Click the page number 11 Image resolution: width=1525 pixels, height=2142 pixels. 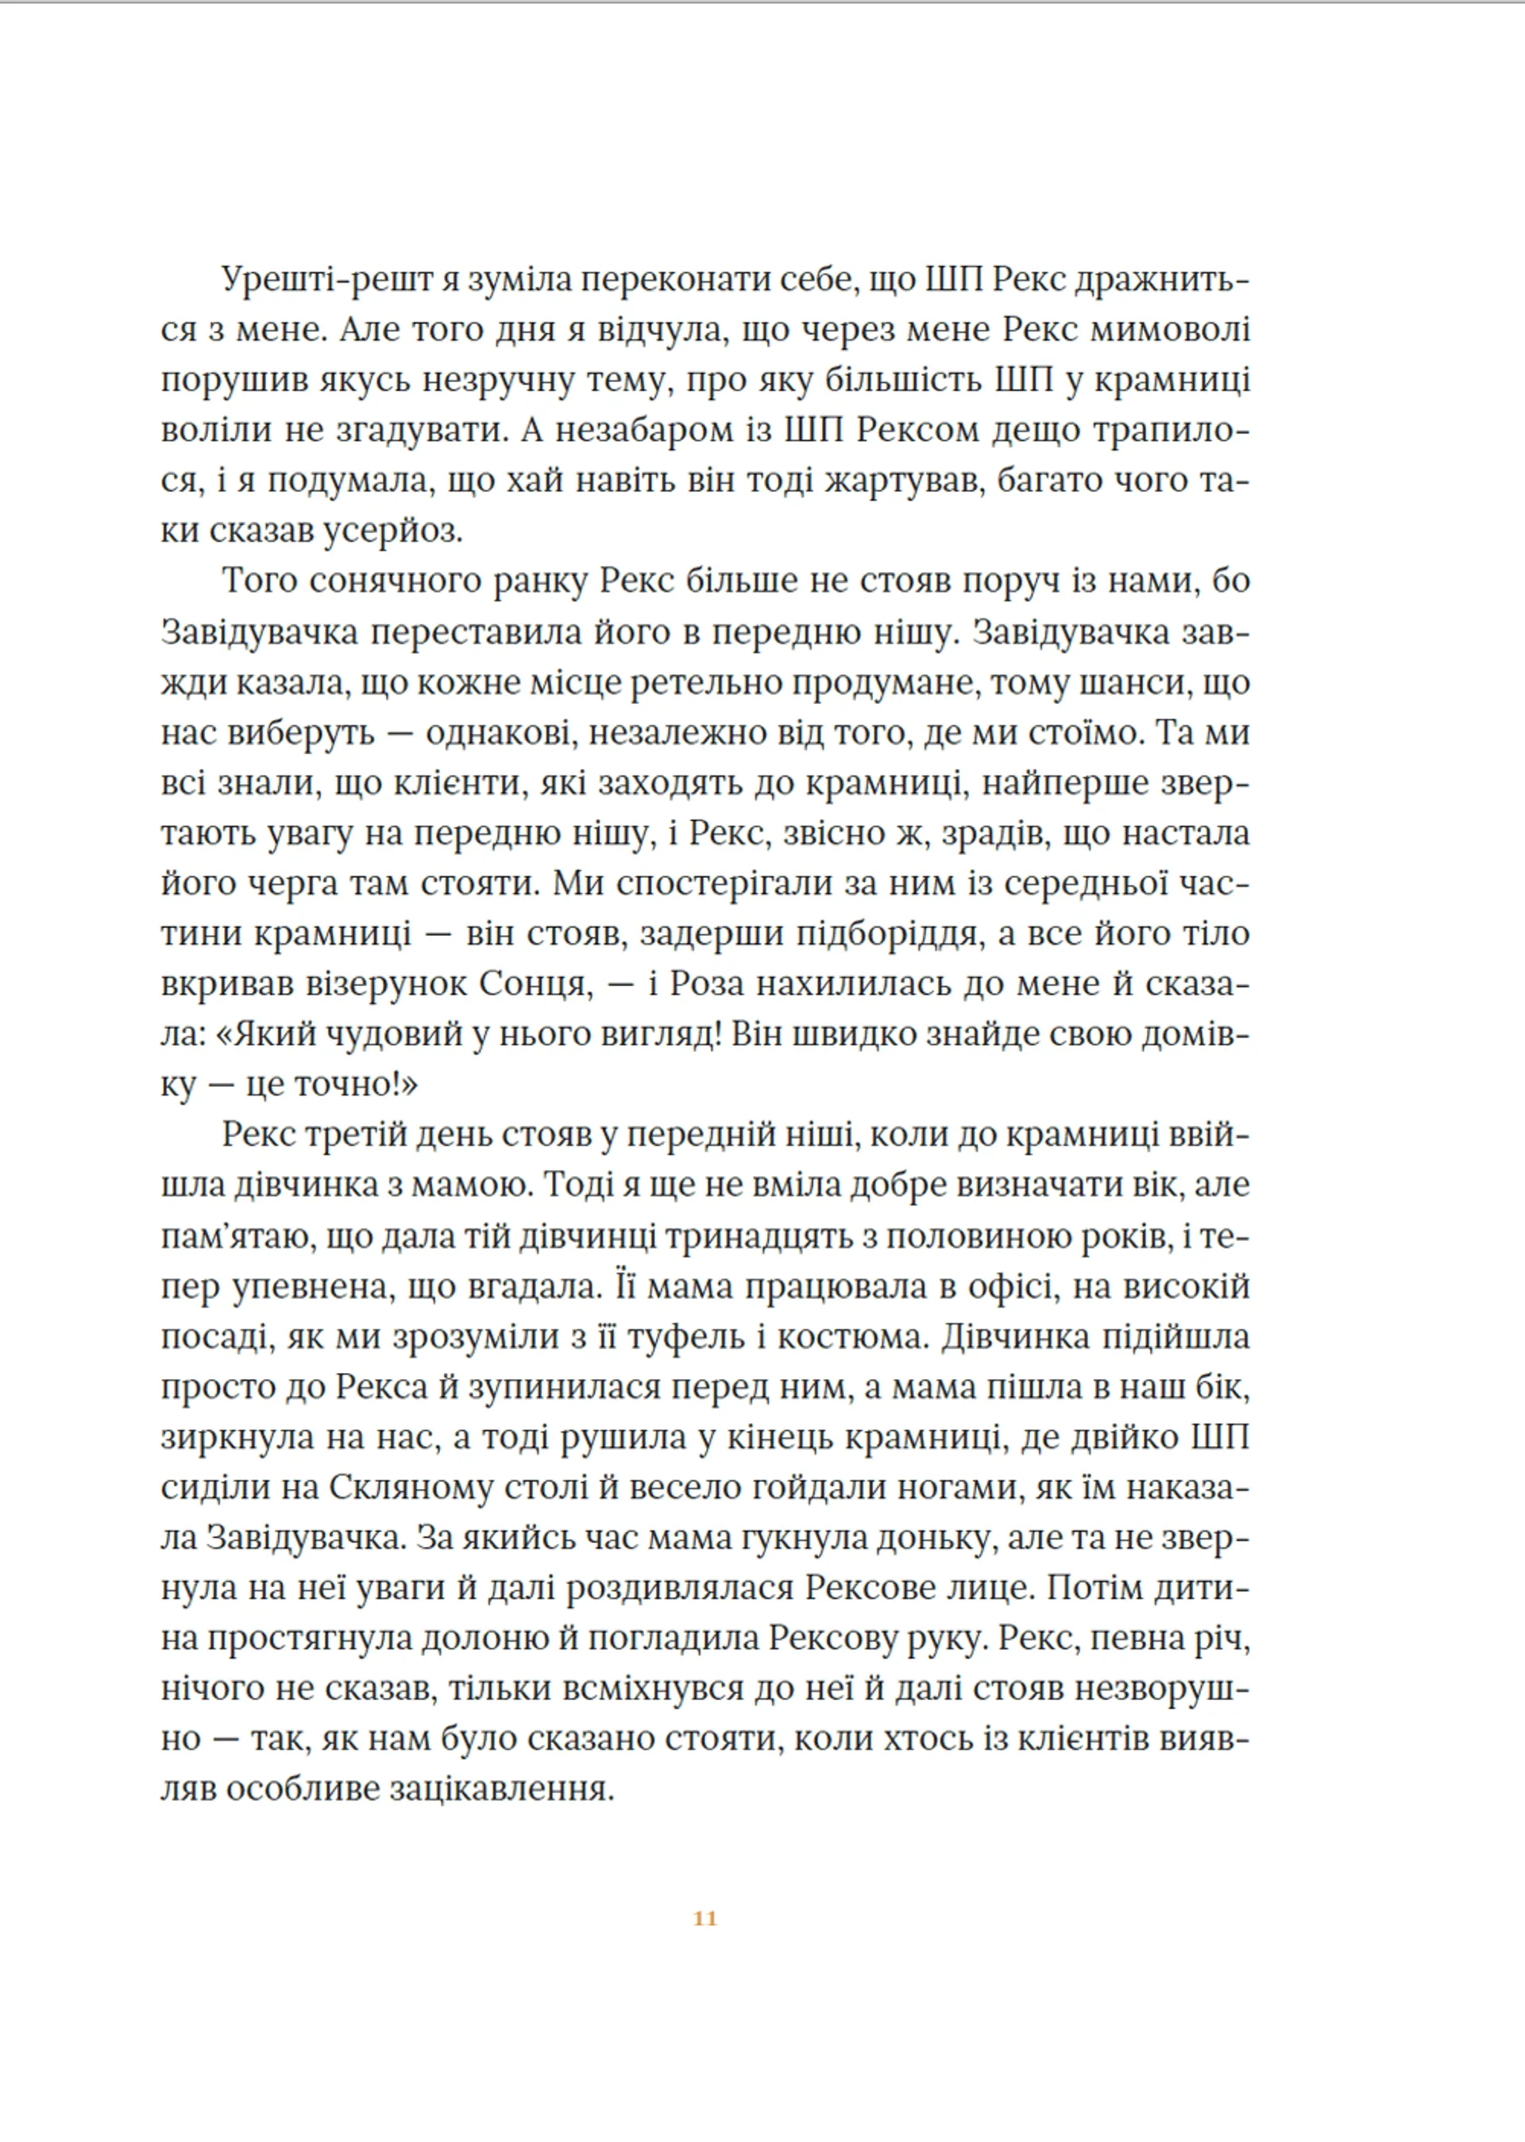pyautogui.click(x=705, y=1919)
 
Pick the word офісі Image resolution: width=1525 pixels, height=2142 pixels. pyautogui.click(x=1011, y=1286)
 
